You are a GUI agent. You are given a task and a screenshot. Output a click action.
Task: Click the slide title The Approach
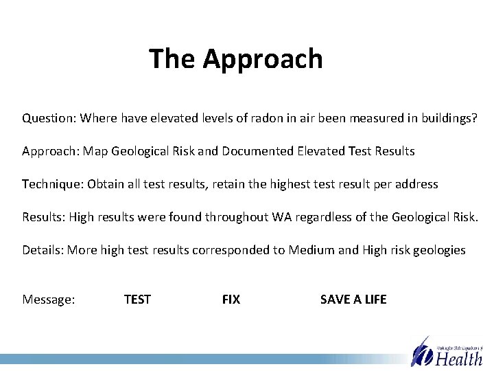pyautogui.click(x=235, y=59)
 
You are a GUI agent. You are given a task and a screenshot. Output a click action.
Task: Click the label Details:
pyautogui.click(x=43, y=250)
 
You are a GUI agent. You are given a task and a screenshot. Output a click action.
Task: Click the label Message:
pyautogui.click(x=49, y=300)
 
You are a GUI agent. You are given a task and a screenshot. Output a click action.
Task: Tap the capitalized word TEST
pyautogui.click(x=137, y=300)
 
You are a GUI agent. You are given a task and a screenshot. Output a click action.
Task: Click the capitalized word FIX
pyautogui.click(x=231, y=300)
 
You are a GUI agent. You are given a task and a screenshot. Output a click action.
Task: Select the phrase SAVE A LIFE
pyautogui.click(x=353, y=300)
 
